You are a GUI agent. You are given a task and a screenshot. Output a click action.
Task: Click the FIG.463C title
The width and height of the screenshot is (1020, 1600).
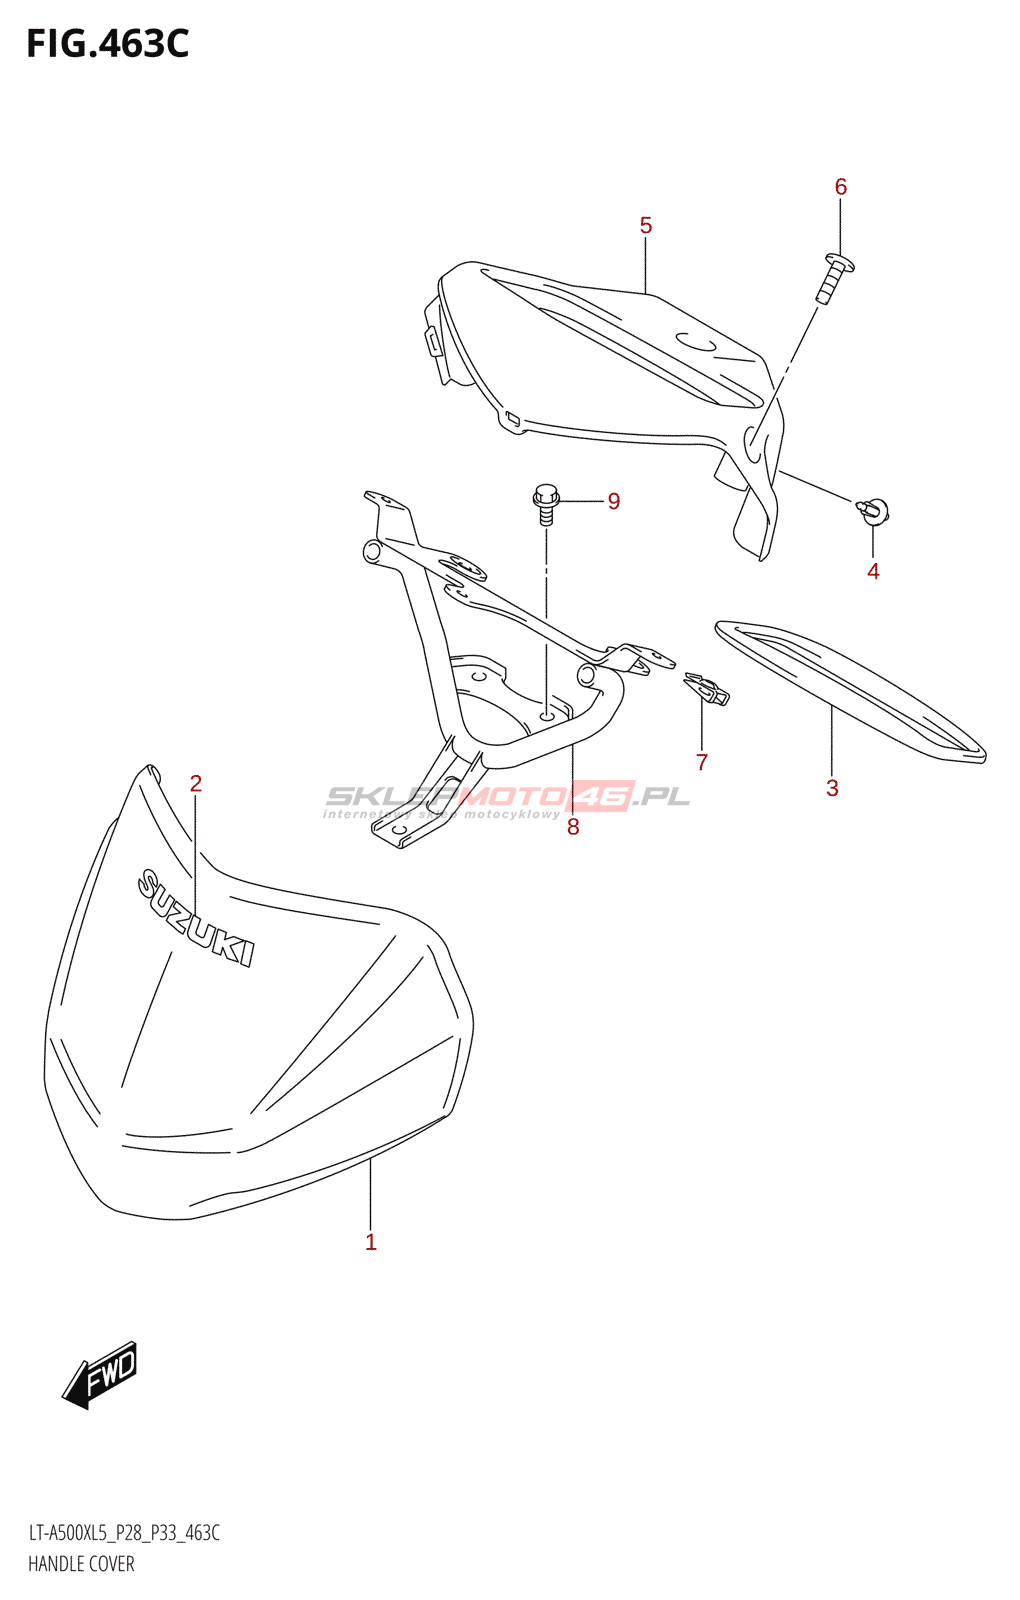coord(107,44)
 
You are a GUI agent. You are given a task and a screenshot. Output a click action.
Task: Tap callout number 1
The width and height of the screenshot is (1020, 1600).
coord(371,1242)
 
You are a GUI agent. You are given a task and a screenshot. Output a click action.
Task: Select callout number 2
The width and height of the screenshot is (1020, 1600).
coord(196,784)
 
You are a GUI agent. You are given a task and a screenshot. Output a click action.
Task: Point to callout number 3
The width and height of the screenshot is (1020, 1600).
coord(832,788)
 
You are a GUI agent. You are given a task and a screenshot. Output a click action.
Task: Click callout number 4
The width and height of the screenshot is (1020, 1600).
coord(873,571)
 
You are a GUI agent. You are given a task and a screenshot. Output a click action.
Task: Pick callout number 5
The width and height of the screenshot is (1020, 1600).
coord(646,226)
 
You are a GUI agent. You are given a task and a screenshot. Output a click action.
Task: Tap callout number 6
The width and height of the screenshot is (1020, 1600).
coord(841,187)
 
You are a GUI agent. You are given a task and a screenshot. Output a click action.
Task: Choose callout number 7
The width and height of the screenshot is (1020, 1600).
coord(702,762)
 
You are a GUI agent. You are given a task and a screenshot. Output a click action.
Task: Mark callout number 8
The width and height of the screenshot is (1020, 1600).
coord(573,827)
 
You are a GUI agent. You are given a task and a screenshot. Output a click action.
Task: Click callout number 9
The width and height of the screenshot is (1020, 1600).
coord(614,501)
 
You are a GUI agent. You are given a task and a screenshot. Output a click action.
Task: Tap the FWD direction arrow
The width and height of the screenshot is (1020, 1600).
coord(101,1375)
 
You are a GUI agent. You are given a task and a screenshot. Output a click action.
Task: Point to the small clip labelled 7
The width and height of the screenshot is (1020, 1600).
coord(707,689)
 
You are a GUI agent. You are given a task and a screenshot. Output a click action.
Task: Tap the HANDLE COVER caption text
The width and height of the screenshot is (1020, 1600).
coord(81,1564)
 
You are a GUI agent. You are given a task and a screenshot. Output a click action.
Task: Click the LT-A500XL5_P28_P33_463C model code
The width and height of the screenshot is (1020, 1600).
coord(124,1533)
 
